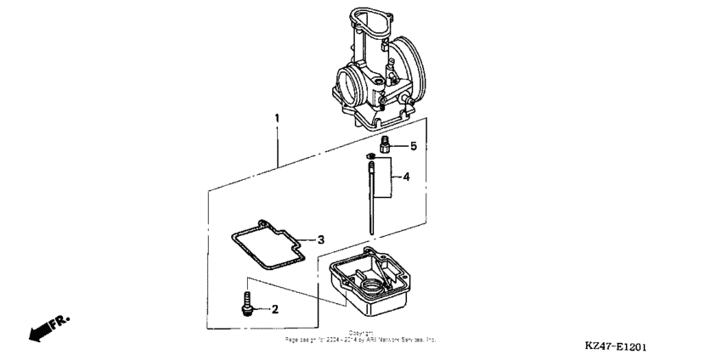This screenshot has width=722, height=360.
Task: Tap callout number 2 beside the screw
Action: point(274,310)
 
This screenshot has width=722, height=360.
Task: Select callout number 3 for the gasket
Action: point(320,239)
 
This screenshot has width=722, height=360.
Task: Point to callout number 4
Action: point(406,177)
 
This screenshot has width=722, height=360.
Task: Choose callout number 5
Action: point(414,146)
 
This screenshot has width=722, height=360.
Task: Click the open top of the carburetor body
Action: point(364,21)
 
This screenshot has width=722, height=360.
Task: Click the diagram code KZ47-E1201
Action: point(621,346)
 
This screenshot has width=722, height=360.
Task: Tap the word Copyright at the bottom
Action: point(361,333)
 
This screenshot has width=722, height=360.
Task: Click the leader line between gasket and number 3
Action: point(306,240)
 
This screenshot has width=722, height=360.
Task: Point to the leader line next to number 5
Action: point(400,146)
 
